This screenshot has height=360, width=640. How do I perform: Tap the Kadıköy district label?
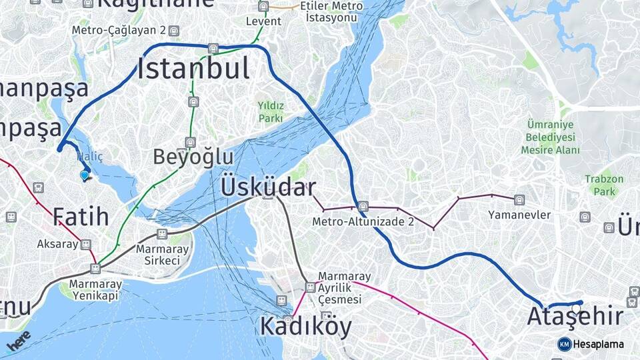click(305, 326)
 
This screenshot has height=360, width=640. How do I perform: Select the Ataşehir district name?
click(575, 316)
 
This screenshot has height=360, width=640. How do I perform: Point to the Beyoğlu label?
click(193, 157)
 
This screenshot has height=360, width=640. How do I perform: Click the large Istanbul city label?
click(193, 69)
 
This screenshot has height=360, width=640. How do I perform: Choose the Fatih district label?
click(81, 216)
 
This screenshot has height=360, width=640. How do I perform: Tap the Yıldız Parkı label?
click(271, 112)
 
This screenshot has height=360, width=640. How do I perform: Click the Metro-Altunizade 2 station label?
click(363, 221)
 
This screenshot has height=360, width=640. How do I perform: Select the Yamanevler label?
click(519, 215)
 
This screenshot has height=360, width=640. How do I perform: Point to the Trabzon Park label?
click(604, 185)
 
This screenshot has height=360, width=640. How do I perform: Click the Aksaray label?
click(57, 244)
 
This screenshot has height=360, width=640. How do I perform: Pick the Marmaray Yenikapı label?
click(95, 290)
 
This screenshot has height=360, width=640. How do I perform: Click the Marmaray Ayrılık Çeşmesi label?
click(339, 288)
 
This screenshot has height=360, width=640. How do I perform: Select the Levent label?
click(263, 21)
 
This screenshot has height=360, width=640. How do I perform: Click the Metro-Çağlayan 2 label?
click(119, 31)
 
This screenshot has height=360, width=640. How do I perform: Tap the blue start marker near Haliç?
click(84, 175)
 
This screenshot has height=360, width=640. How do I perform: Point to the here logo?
click(20, 341)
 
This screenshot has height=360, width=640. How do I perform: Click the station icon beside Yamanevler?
click(519, 199)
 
